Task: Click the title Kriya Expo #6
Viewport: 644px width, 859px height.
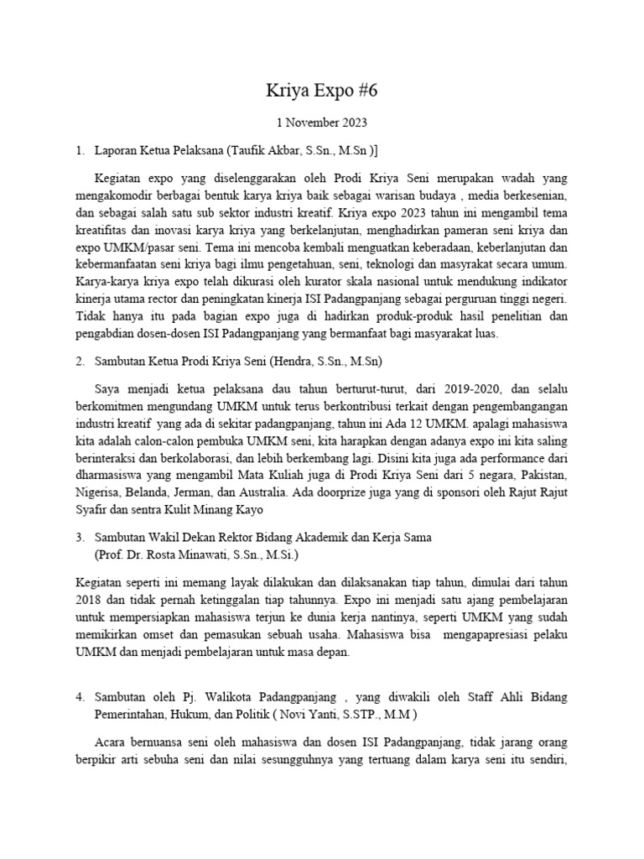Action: coord(321,91)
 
